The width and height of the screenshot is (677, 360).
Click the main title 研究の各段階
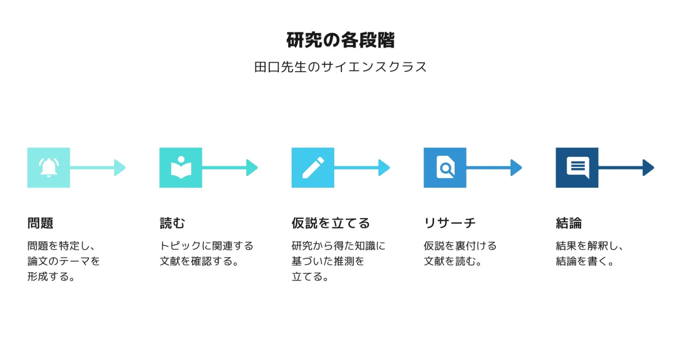click(x=340, y=40)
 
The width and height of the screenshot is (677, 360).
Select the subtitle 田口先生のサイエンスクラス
click(x=340, y=67)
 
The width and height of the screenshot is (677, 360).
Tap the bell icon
click(x=48, y=168)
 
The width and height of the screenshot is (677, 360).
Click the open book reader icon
click(x=181, y=167)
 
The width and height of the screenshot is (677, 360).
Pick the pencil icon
click(x=313, y=168)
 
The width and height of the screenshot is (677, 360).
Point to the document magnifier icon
click(x=445, y=167)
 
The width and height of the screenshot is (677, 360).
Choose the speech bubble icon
click(x=578, y=167)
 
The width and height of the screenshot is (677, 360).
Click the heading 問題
click(x=40, y=223)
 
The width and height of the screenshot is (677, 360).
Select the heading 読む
click(x=172, y=223)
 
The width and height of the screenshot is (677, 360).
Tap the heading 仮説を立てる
click(x=331, y=223)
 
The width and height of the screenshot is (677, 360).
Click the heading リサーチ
click(x=449, y=223)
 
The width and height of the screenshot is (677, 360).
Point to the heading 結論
click(x=569, y=223)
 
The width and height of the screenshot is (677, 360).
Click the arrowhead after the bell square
click(x=120, y=168)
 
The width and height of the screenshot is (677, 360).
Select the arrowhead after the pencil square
click(x=384, y=168)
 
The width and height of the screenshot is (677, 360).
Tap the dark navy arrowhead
click(x=648, y=168)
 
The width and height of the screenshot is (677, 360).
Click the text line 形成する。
click(x=51, y=277)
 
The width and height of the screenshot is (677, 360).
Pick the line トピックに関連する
click(x=206, y=246)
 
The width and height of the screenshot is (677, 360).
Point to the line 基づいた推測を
click(x=328, y=261)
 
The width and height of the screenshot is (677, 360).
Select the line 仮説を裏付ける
click(x=460, y=246)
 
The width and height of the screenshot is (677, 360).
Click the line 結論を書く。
click(x=585, y=261)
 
